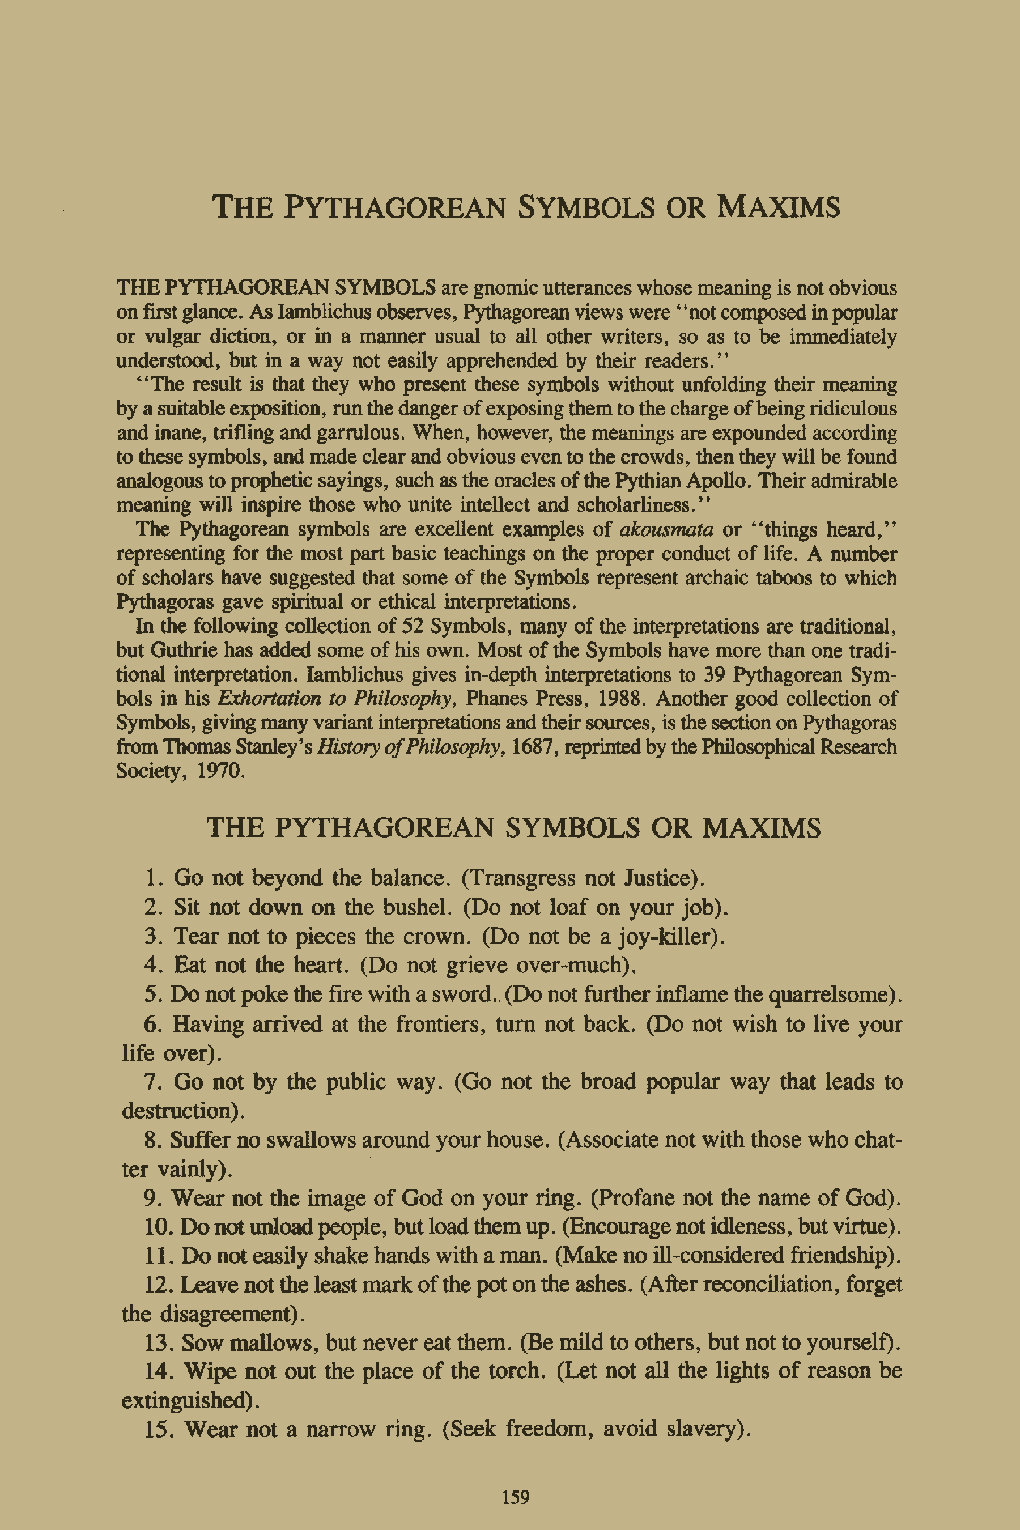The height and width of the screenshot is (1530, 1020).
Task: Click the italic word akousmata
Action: (x=666, y=529)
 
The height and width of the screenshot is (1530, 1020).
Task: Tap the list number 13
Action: (x=158, y=1342)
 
